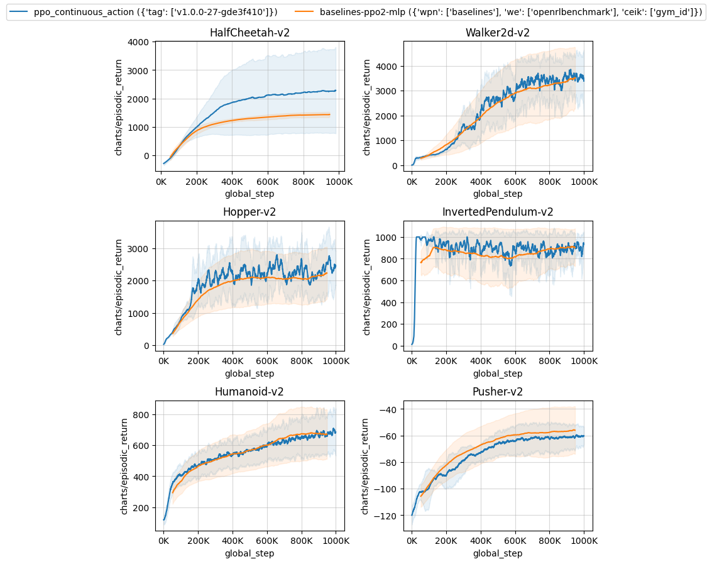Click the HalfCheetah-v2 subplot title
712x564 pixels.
tap(249, 33)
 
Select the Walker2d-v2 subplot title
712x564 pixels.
tap(498, 33)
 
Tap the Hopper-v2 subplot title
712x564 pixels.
tap(249, 212)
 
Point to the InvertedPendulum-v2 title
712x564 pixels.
tap(498, 212)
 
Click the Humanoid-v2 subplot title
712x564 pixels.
tap(249, 392)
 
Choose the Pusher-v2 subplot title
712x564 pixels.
tap(498, 392)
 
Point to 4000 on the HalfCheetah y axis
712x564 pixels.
tap(140, 42)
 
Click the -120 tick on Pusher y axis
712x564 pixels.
tap(388, 516)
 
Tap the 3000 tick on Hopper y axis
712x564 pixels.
tap(140, 249)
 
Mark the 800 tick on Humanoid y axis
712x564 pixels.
tap(142, 415)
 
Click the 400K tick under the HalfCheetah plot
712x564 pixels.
tap(233, 181)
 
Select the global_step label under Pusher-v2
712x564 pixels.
tap(498, 553)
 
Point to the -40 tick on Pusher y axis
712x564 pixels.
tap(390, 409)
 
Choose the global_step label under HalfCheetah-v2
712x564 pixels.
tap(249, 194)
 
